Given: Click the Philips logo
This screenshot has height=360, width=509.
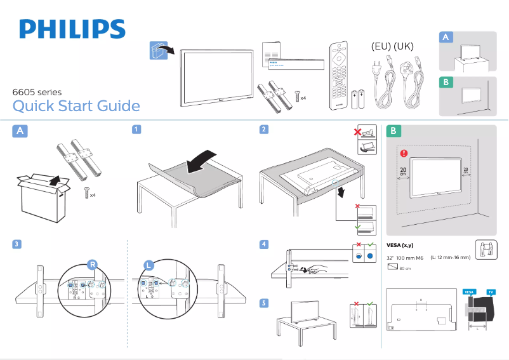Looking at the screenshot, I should coord(72,29).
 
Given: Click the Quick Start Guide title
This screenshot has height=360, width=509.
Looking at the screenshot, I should coord(76,105).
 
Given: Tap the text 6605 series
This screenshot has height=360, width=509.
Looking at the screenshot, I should coord(37,91).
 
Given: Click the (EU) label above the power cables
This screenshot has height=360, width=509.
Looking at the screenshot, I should coord(382,47).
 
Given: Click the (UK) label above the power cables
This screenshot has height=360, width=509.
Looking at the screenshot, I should coord(404,47).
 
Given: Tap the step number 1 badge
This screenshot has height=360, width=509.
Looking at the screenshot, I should coord(136,130).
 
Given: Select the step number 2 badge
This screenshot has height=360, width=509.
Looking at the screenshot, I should coord(264,130).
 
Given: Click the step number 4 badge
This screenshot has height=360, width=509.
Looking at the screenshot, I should coord(264,244).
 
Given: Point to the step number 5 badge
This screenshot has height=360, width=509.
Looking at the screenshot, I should coord(264,303).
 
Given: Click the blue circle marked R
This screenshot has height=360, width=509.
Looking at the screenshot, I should coord(92,265).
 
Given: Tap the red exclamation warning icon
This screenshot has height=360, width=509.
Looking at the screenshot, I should coord(404,153).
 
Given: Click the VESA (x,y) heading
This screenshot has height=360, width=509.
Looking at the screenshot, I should coord(400,246).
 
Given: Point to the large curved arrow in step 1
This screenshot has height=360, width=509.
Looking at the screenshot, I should coord(205,159).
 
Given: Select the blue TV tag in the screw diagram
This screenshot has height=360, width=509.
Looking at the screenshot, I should coord(491,291).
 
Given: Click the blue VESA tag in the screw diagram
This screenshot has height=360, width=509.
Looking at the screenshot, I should coord(470,291).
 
